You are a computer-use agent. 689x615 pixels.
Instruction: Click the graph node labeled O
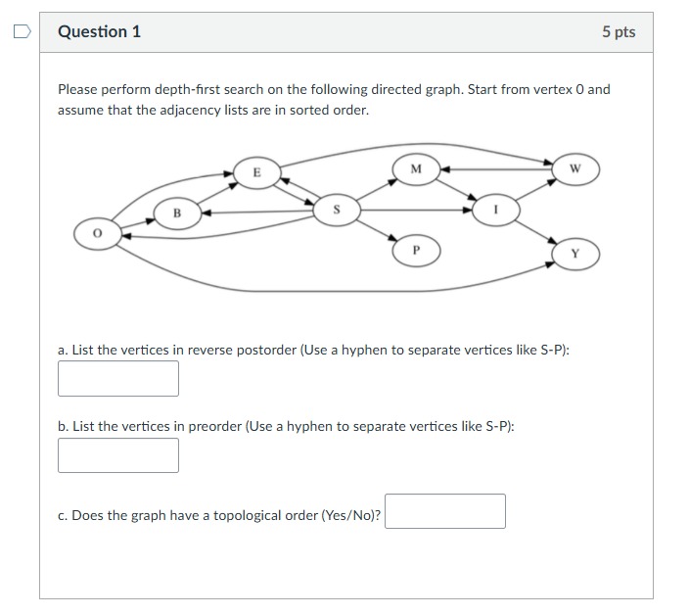[x=97, y=235]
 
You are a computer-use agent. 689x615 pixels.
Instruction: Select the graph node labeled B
[x=177, y=213]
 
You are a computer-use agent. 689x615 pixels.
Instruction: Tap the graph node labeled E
[x=256, y=172]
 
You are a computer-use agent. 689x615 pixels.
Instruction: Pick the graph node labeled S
[x=336, y=209]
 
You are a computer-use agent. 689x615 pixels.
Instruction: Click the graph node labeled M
[x=415, y=168]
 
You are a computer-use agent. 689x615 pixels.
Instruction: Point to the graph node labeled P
[x=416, y=251]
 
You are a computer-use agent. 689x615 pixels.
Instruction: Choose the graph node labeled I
[x=495, y=209]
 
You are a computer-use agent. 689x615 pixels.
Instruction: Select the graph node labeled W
[x=574, y=168]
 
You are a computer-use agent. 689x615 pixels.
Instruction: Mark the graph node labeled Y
[x=574, y=253]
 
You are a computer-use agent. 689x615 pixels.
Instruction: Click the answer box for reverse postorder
[x=118, y=379]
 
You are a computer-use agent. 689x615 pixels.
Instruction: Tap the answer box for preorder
[x=118, y=455]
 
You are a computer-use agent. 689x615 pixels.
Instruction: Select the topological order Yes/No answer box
[x=445, y=511]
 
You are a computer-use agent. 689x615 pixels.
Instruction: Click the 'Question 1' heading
[x=99, y=31]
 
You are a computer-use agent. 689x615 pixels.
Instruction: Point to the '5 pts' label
[x=619, y=32]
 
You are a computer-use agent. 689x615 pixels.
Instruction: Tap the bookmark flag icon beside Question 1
[x=21, y=31]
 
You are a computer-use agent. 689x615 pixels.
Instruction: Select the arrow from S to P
[x=376, y=229]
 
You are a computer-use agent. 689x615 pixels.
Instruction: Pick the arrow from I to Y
[x=536, y=231]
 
